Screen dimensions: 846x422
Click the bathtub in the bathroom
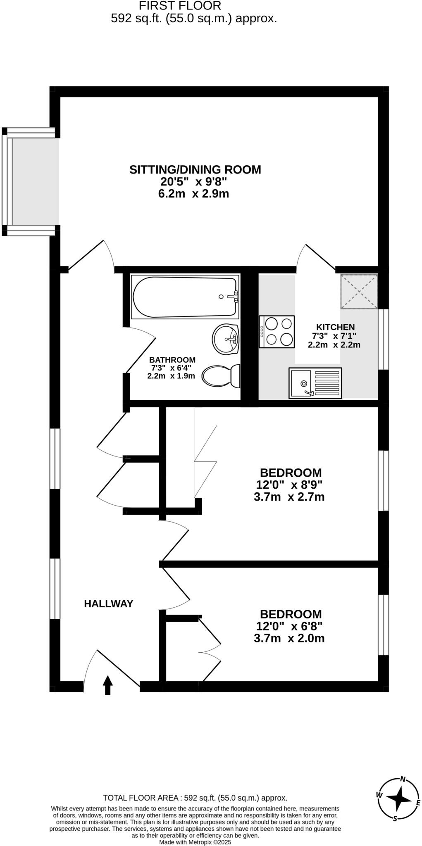click(185, 297)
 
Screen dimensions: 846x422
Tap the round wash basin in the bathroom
click(226, 339)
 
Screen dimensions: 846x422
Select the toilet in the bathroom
click(222, 375)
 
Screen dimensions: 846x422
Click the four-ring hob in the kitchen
click(277, 331)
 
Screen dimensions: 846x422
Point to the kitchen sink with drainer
click(315, 383)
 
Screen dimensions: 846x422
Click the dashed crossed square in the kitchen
click(359, 292)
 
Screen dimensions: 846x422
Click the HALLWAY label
click(108, 604)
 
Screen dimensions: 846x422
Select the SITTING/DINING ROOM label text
click(195, 169)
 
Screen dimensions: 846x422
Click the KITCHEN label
click(335, 327)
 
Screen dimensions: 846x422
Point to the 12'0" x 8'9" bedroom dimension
click(289, 484)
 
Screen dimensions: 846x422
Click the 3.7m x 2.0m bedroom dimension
click(289, 638)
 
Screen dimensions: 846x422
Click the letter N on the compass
click(403, 779)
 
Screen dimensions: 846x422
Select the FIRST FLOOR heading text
click(180, 6)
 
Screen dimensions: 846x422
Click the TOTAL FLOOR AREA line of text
click(195, 798)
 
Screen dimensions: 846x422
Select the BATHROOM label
click(172, 360)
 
